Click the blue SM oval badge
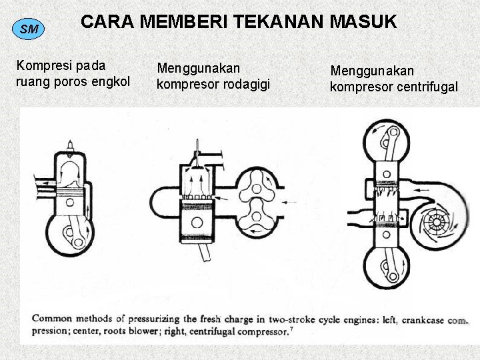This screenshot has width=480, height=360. (29, 29)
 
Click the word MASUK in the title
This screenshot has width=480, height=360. (365, 22)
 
